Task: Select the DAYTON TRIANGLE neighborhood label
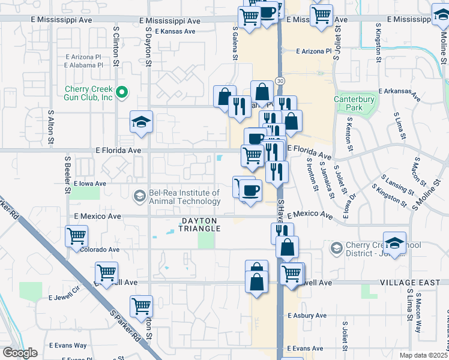(200, 225)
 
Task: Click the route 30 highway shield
(280, 80)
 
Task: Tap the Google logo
(20, 353)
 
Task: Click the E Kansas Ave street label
(175, 31)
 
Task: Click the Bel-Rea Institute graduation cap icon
(139, 196)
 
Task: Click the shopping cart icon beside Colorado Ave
(76, 236)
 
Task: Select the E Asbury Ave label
(309, 316)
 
